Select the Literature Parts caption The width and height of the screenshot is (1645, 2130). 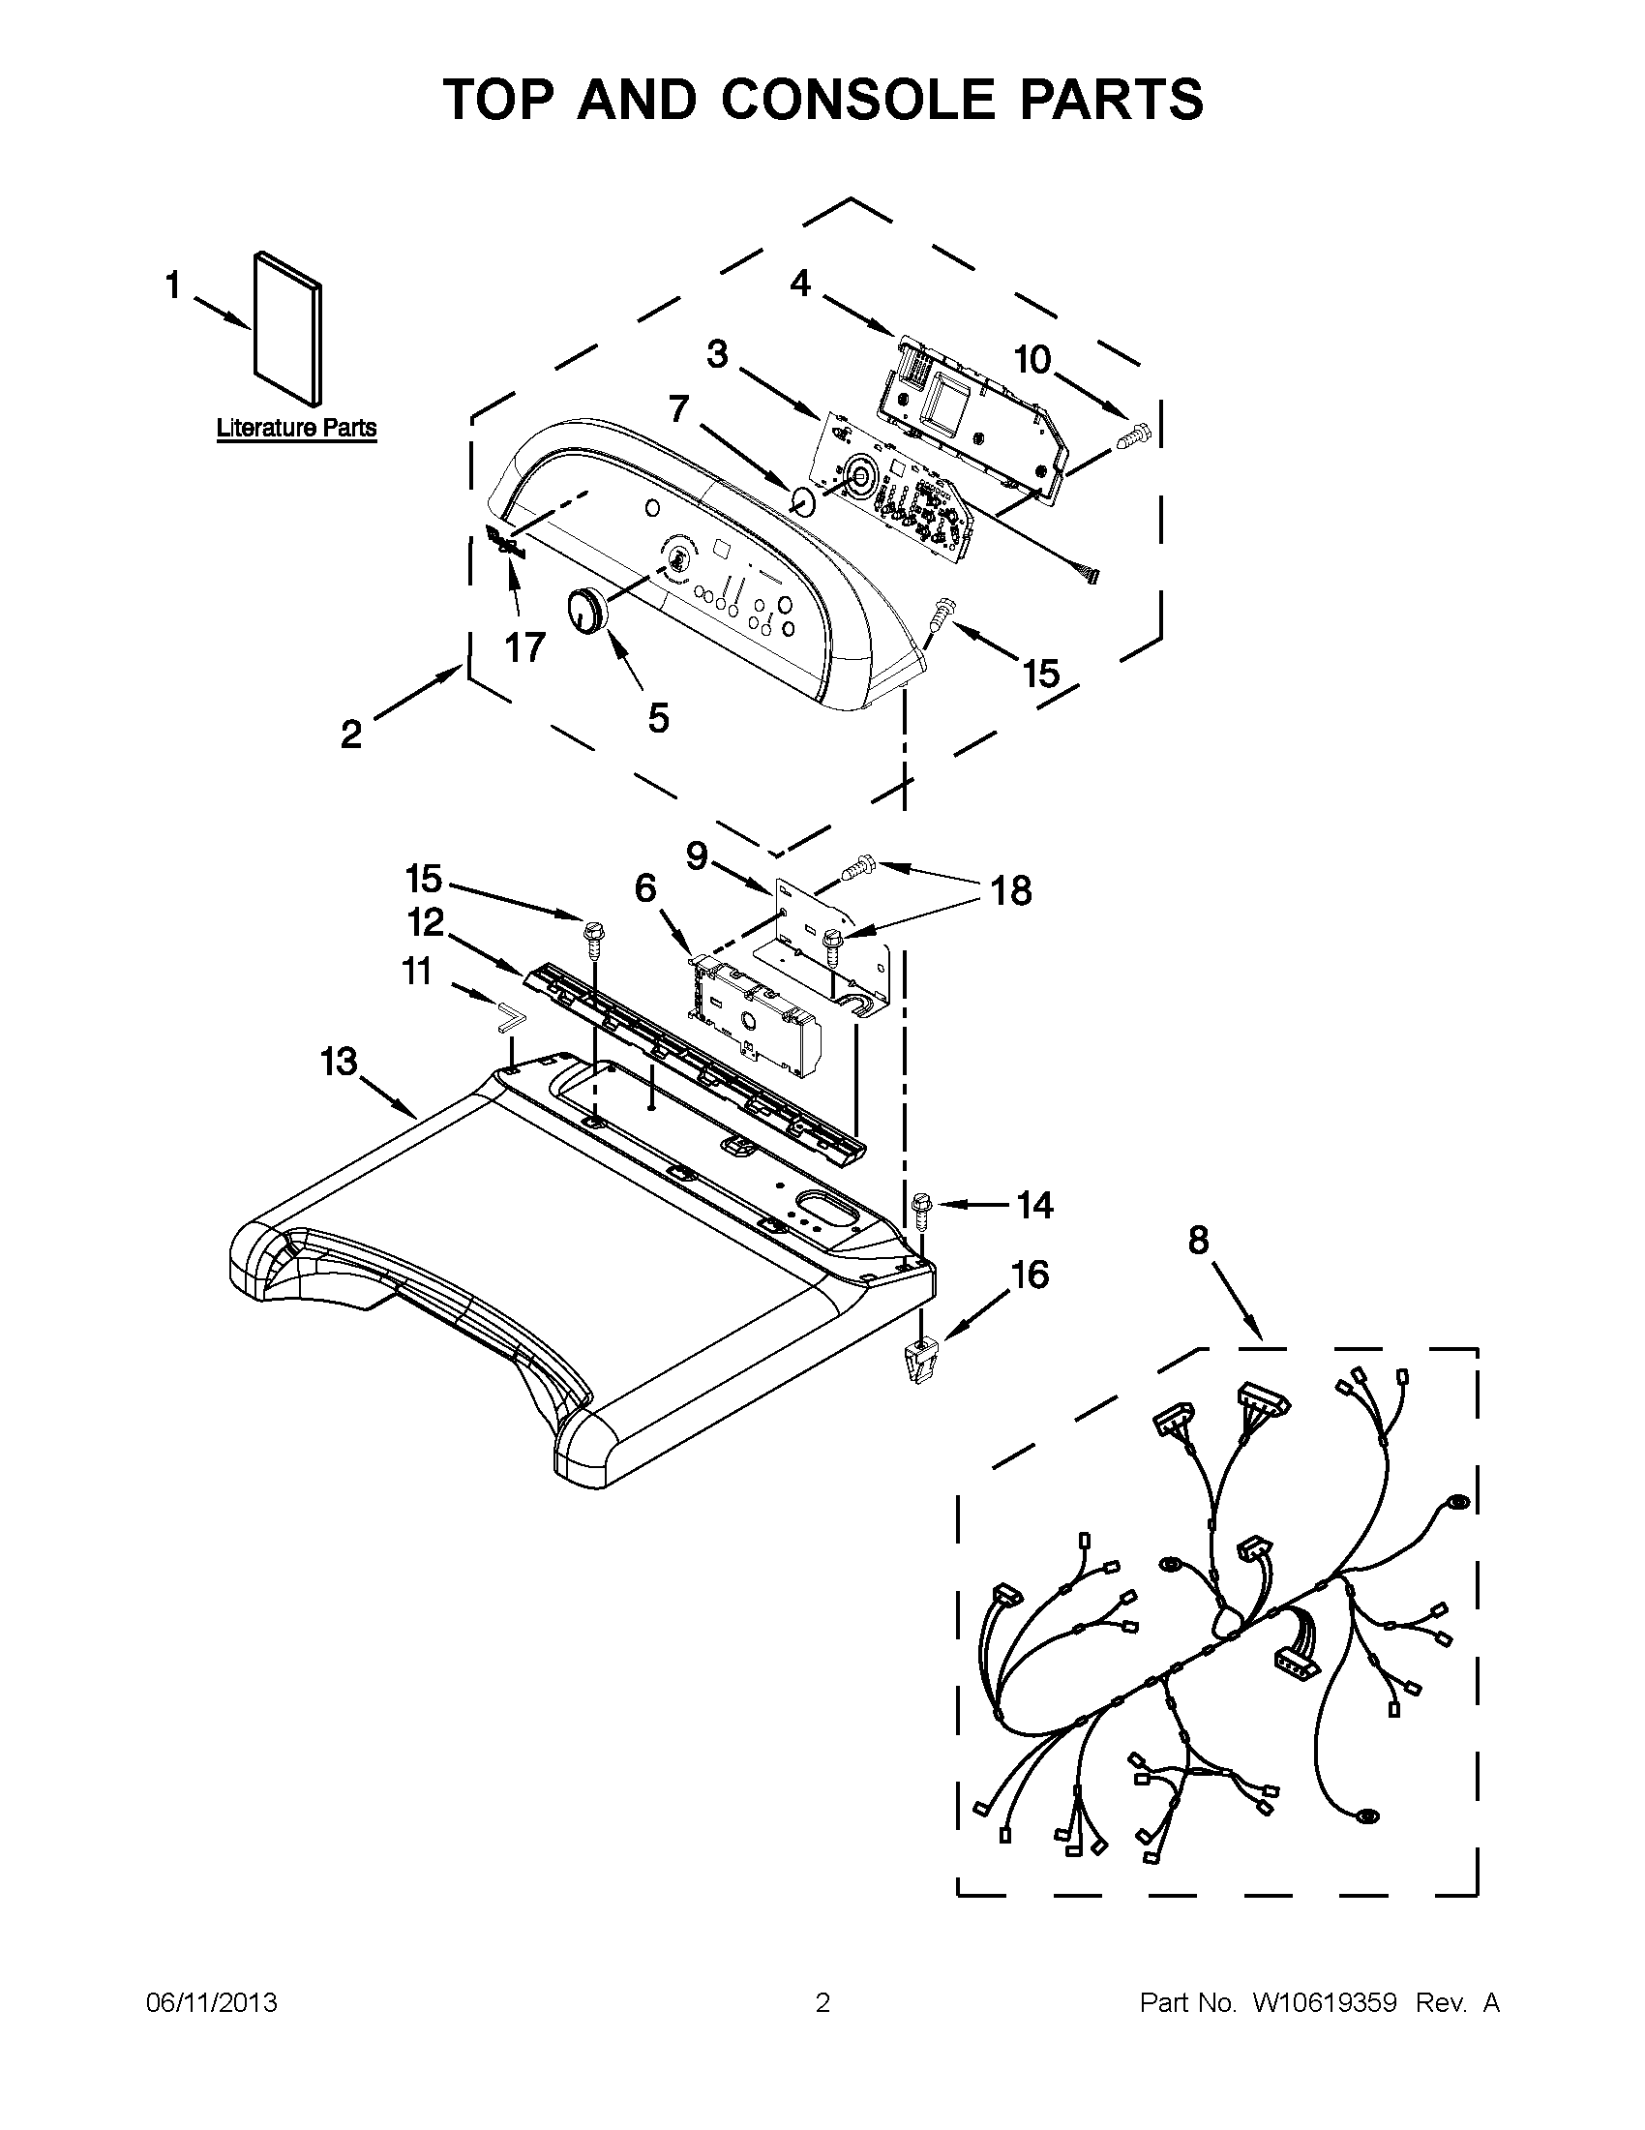(x=296, y=427)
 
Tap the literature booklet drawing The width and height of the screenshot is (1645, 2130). (x=287, y=329)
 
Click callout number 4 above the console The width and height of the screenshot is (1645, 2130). (x=799, y=283)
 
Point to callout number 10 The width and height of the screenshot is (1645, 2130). (x=1032, y=360)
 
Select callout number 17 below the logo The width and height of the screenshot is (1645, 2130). (x=524, y=646)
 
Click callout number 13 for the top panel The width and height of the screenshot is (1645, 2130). (x=340, y=1061)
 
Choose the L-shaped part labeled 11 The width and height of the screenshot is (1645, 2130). (x=508, y=1014)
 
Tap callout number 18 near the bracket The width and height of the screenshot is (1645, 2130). (x=1011, y=889)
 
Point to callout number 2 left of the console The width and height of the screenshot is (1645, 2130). (x=351, y=735)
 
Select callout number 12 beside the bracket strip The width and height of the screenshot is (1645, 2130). (x=426, y=921)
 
